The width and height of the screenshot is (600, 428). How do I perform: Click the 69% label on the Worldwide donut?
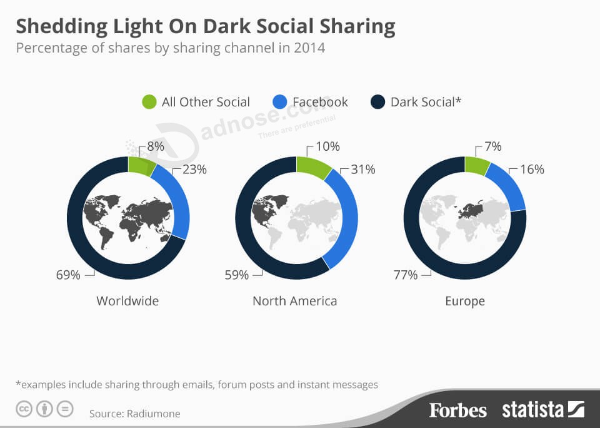(x=68, y=274)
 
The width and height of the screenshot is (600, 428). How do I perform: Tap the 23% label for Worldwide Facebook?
(x=194, y=169)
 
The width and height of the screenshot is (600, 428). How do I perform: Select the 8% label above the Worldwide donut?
(x=156, y=146)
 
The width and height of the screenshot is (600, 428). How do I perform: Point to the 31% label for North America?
(x=363, y=169)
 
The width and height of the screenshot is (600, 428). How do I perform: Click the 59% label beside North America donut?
(x=237, y=274)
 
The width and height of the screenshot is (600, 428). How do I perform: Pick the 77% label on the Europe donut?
(x=406, y=274)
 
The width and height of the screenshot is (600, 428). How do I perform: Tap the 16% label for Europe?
(x=532, y=169)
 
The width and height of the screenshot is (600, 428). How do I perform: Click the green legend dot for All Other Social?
(x=149, y=102)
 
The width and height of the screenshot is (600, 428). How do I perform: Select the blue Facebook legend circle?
(x=281, y=102)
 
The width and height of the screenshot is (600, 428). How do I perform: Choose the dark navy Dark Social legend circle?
(x=377, y=102)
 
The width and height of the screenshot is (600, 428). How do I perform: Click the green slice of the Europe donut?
(x=476, y=166)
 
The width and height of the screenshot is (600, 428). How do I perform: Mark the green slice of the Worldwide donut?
(x=141, y=166)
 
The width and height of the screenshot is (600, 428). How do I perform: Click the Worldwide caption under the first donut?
(x=127, y=301)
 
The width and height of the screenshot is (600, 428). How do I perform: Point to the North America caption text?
(x=294, y=301)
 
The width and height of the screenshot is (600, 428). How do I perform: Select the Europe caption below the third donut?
(x=465, y=301)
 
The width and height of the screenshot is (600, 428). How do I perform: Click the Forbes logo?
(x=457, y=410)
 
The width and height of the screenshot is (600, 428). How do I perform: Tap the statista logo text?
(x=532, y=410)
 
